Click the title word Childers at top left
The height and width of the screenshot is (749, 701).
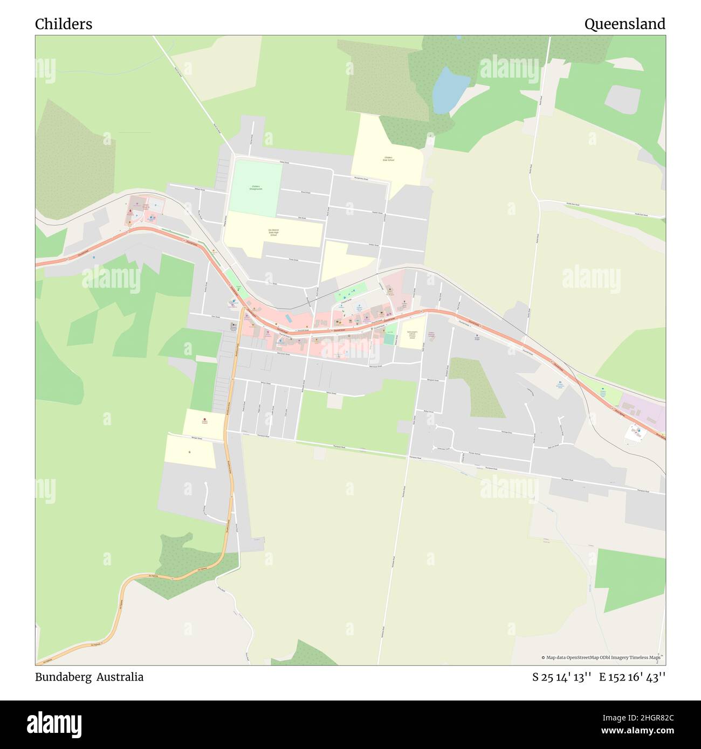point(64,24)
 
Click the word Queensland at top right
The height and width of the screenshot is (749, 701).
point(624,24)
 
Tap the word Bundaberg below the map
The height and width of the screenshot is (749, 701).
point(63,677)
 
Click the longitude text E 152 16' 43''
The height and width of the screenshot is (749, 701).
point(632,677)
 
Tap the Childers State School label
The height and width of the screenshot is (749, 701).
point(388,159)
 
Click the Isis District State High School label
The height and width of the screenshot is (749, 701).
point(273,232)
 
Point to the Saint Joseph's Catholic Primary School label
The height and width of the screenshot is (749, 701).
point(411,335)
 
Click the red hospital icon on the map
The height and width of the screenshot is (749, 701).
point(204,420)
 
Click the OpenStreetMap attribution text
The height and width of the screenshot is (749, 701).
point(602,657)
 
